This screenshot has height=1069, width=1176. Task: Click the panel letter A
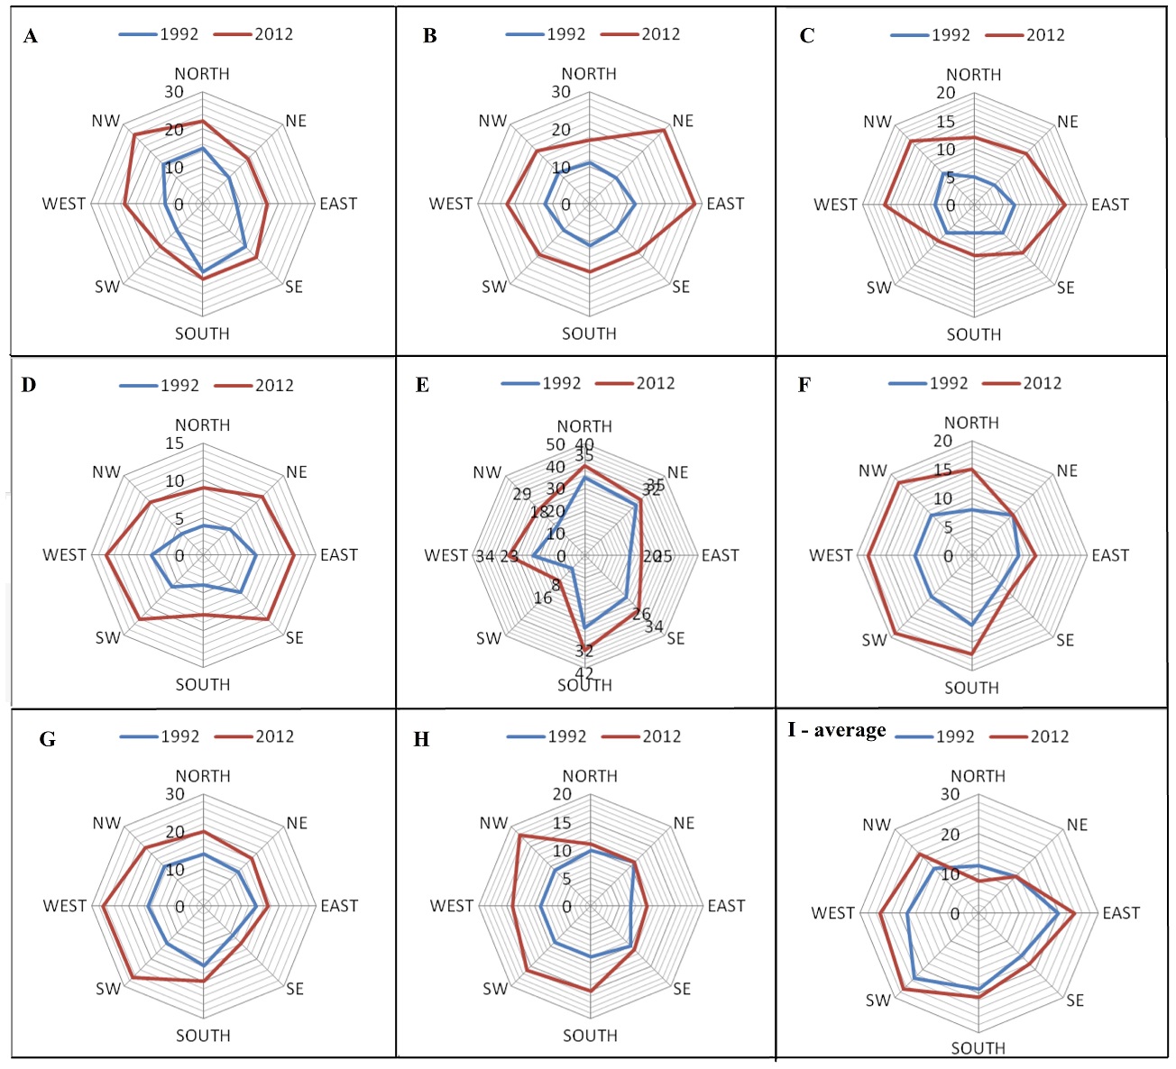[x=31, y=37]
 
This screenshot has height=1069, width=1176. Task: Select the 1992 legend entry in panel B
[x=547, y=34]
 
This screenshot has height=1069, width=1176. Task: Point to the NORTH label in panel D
[x=203, y=425]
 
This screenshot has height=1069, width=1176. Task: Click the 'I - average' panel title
[x=836, y=730]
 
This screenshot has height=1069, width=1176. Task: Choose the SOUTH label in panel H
[x=590, y=1036]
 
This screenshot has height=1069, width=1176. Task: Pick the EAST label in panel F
[x=1109, y=555]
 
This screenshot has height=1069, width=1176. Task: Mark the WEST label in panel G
[x=64, y=906]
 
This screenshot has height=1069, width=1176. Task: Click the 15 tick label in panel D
[x=174, y=443]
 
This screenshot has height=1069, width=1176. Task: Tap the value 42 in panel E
[x=584, y=673]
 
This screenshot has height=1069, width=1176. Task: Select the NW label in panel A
[x=106, y=121]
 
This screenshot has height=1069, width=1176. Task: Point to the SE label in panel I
[x=1075, y=1000]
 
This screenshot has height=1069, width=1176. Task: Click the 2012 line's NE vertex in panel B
[x=665, y=130]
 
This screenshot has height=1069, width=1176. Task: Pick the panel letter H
[x=420, y=740]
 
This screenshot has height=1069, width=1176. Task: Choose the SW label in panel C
[x=878, y=288]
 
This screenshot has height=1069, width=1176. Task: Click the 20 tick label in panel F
[x=942, y=441]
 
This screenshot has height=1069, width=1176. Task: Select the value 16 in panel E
[x=543, y=598]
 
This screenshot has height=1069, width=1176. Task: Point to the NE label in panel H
[x=684, y=823]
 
